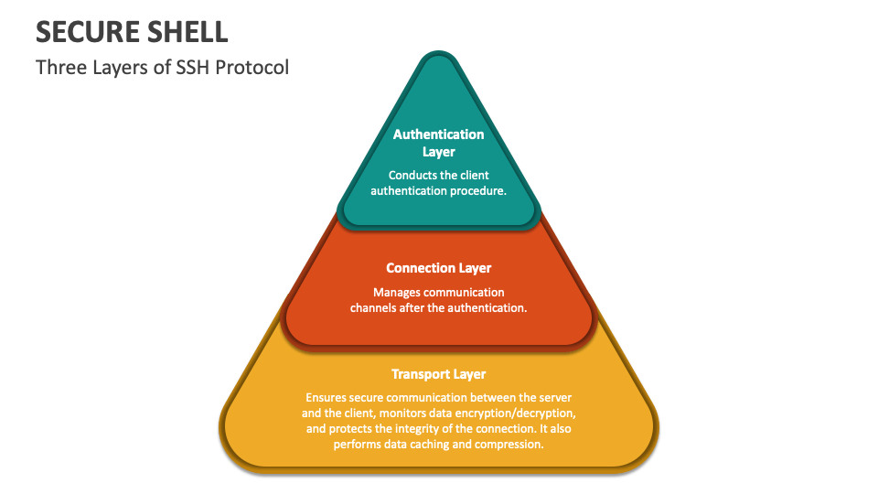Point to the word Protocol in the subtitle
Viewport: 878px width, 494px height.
point(251,67)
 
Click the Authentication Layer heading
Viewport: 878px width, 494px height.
point(439,143)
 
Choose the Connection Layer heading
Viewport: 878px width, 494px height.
point(439,268)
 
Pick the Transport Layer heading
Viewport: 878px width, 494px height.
point(439,374)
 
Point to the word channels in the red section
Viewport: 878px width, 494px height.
point(374,308)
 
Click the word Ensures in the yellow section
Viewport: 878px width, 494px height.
point(326,398)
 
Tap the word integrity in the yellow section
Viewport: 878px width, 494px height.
point(435,429)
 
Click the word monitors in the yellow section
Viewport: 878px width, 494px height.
point(389,413)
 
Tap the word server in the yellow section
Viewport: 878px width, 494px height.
point(556,398)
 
